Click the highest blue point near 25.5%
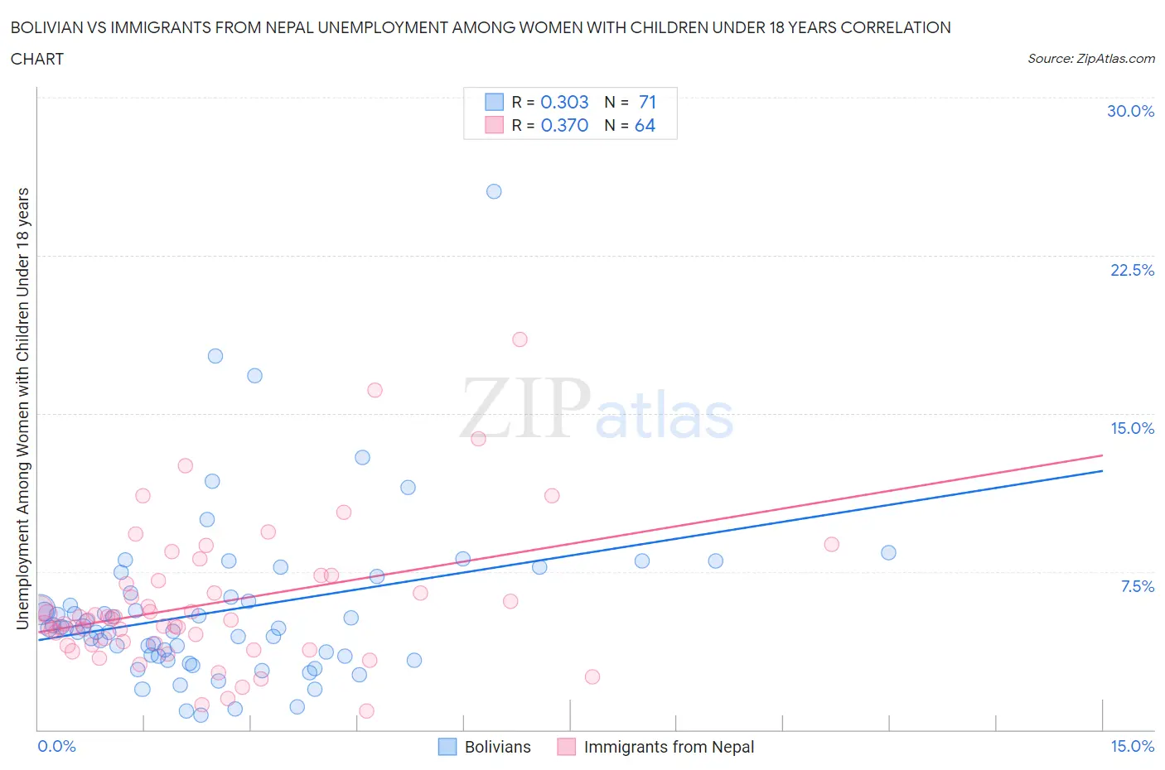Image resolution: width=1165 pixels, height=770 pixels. coord(494,191)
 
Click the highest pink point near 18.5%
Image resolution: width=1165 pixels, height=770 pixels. coord(520,339)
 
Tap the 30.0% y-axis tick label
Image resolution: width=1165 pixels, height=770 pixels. coord(1130,111)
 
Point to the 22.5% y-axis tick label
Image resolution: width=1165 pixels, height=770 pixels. coord(1132,270)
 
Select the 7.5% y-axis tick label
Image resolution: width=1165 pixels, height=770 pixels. coord(1137,586)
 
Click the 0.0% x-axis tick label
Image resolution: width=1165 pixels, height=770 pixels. coord(56,746)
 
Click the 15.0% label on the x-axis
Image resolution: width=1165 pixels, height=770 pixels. coord(1132,746)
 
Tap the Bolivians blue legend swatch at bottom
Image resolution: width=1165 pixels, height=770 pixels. coord(447,747)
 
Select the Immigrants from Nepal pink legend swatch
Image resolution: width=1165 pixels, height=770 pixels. coord(567,747)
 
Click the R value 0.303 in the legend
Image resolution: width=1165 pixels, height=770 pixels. coord(564,102)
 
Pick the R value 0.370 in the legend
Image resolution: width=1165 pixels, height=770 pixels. coord(564,125)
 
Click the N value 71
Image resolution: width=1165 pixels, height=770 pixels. coord(647,102)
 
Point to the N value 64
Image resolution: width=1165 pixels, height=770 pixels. coord(645,125)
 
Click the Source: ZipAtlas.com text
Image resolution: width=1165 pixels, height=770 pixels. coord(1090,58)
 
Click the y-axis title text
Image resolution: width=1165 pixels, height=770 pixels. coord(22,409)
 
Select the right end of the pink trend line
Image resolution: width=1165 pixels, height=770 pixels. coord(1102,455)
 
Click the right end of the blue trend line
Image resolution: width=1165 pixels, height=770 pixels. coord(1102,470)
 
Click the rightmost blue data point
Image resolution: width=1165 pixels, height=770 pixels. coord(888,552)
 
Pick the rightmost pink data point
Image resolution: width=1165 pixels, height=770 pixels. coord(831,544)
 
